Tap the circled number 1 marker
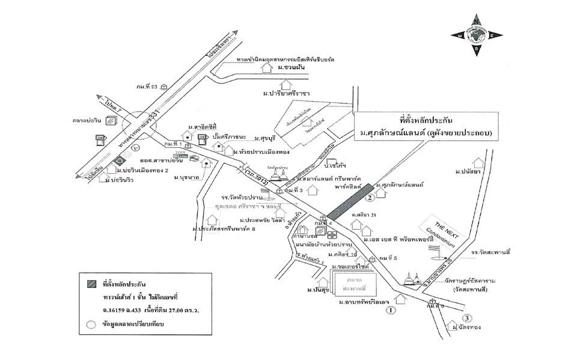click(391, 310)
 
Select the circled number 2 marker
click(371, 197)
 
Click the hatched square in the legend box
click(91, 283)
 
